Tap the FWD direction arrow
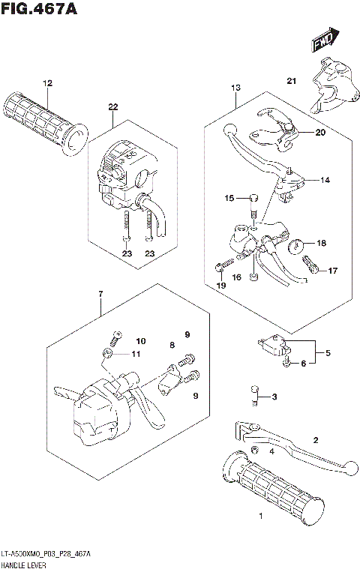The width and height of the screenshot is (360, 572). coord(323,40)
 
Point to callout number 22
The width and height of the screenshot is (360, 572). coord(113,106)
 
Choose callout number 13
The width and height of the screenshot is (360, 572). coord(235,88)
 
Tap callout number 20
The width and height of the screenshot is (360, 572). coord(320,133)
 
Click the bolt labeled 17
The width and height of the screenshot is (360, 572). coord(310,264)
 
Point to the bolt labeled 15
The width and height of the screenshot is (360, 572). coord(253,199)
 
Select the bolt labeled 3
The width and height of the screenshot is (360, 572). coord(255,394)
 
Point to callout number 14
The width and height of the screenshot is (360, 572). coord(325,180)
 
